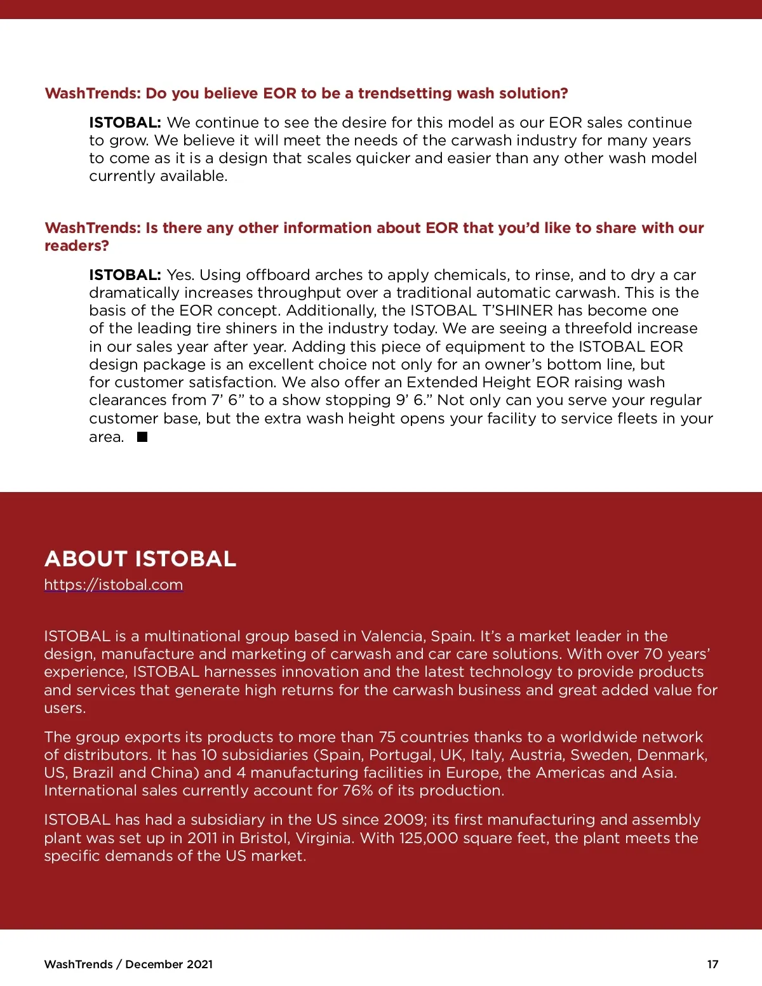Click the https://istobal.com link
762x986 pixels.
click(114, 585)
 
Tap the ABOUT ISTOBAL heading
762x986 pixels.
click(140, 559)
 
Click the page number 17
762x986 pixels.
click(712, 964)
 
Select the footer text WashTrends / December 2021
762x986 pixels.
click(128, 964)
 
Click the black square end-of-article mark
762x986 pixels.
click(142, 437)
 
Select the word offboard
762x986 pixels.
click(277, 275)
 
